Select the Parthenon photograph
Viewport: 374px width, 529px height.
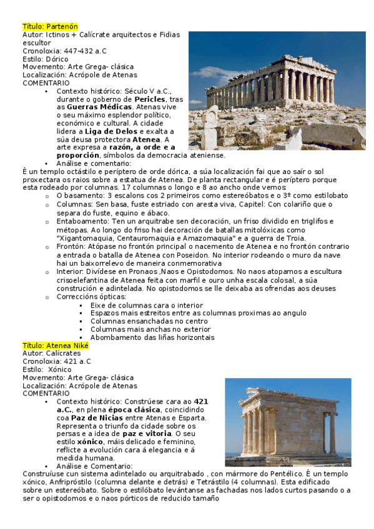(277, 90)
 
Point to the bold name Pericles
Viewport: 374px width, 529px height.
(150, 99)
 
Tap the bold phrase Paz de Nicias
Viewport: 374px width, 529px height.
(97, 418)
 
